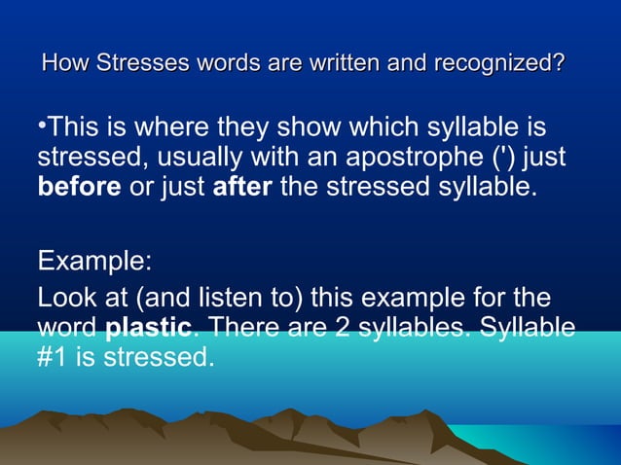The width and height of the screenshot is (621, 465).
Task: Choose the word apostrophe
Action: (405, 157)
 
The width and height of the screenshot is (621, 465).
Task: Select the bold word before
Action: (80, 185)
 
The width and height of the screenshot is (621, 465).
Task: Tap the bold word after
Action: (242, 185)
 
